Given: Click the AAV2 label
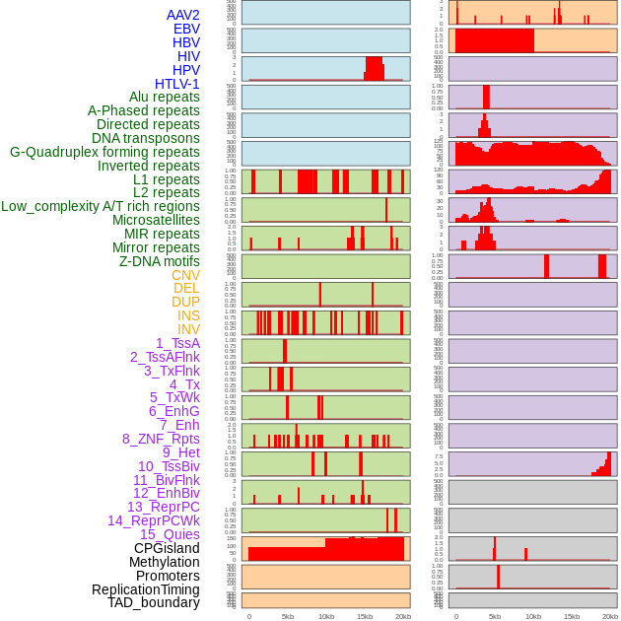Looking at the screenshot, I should (182, 15).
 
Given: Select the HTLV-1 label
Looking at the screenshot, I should (176, 84).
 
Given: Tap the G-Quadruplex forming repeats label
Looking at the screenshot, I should (104, 152).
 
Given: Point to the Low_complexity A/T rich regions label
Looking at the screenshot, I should (101, 206).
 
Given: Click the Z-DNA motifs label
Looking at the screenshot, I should (160, 261).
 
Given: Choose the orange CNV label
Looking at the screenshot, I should (185, 275).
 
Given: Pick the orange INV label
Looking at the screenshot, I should (188, 329).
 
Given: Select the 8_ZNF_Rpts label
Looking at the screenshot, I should (161, 439).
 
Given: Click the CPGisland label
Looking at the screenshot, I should (167, 548).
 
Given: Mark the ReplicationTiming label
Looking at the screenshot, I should (145, 589).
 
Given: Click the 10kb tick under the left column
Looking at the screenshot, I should (326, 616).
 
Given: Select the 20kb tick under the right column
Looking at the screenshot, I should (609, 616).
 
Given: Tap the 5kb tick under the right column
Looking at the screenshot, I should (495, 616).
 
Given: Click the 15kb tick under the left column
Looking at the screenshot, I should (365, 616).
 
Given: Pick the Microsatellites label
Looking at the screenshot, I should (156, 220).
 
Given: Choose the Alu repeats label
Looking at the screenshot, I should (165, 97).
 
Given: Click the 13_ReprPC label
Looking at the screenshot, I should (163, 507).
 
